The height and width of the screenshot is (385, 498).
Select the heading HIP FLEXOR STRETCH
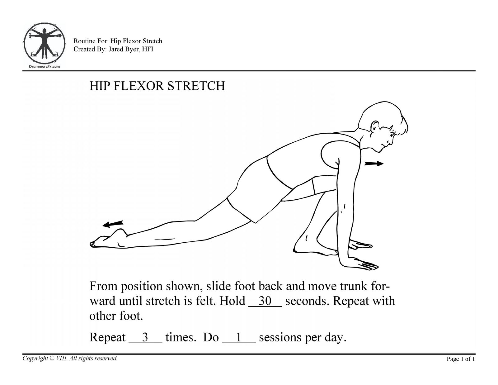point(157,86)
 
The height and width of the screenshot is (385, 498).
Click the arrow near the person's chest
point(374,164)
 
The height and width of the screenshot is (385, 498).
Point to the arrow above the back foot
point(113,224)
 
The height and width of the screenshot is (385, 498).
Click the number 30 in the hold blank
point(265,301)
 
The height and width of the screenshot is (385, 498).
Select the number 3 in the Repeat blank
point(145,337)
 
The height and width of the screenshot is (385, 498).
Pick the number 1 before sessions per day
point(238,337)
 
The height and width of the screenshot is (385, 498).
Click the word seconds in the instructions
point(306,301)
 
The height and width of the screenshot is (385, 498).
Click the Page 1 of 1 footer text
point(461,359)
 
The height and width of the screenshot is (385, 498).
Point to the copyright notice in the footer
point(70,359)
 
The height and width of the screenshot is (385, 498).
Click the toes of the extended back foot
point(93,244)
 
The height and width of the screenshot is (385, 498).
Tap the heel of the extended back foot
point(121,232)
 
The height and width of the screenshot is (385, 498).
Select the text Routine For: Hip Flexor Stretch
point(118,41)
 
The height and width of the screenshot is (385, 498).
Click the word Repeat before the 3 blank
point(107,337)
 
